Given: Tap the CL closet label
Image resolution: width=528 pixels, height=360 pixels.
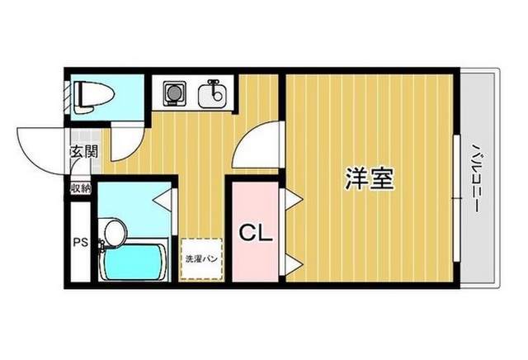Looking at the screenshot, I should click(x=255, y=234).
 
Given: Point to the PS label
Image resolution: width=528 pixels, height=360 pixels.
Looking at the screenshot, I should click(x=81, y=243).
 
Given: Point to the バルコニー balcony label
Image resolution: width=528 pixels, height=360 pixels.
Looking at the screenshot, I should click(x=477, y=178).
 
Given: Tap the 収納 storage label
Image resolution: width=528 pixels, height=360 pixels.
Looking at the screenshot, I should click(x=80, y=188).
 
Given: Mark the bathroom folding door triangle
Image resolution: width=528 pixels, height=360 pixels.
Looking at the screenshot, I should click(x=163, y=198).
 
